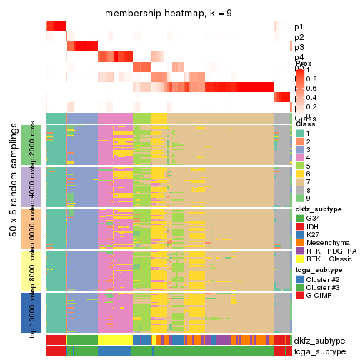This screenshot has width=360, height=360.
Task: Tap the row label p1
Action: tap(299, 27)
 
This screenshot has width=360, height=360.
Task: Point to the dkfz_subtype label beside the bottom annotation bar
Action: tap(319, 340)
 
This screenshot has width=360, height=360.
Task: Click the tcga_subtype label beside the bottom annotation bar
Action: tap(319, 351)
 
